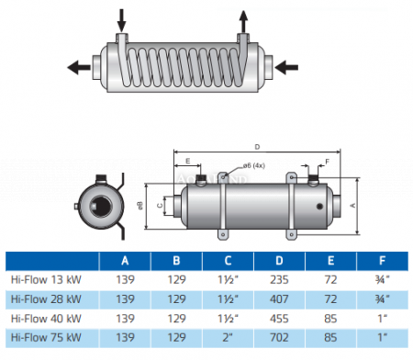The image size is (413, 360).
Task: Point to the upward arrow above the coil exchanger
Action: [243, 17]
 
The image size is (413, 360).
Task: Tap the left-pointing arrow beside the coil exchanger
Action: [81, 66]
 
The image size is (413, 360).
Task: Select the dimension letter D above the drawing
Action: [256, 146]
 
